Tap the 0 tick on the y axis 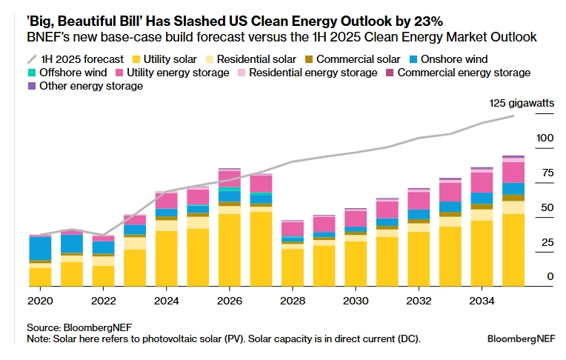click(x=550, y=276)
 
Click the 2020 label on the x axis click(x=40, y=301)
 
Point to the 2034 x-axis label click(x=481, y=301)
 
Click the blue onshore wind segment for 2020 click(x=40, y=248)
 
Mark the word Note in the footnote click(x=38, y=339)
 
